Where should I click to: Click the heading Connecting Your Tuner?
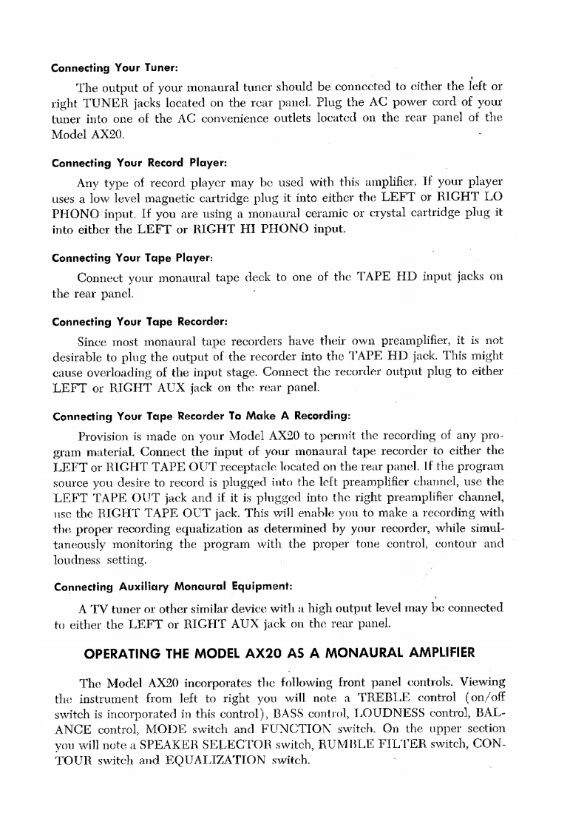114,69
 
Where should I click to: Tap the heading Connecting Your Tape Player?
132,258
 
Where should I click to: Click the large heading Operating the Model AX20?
279,652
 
